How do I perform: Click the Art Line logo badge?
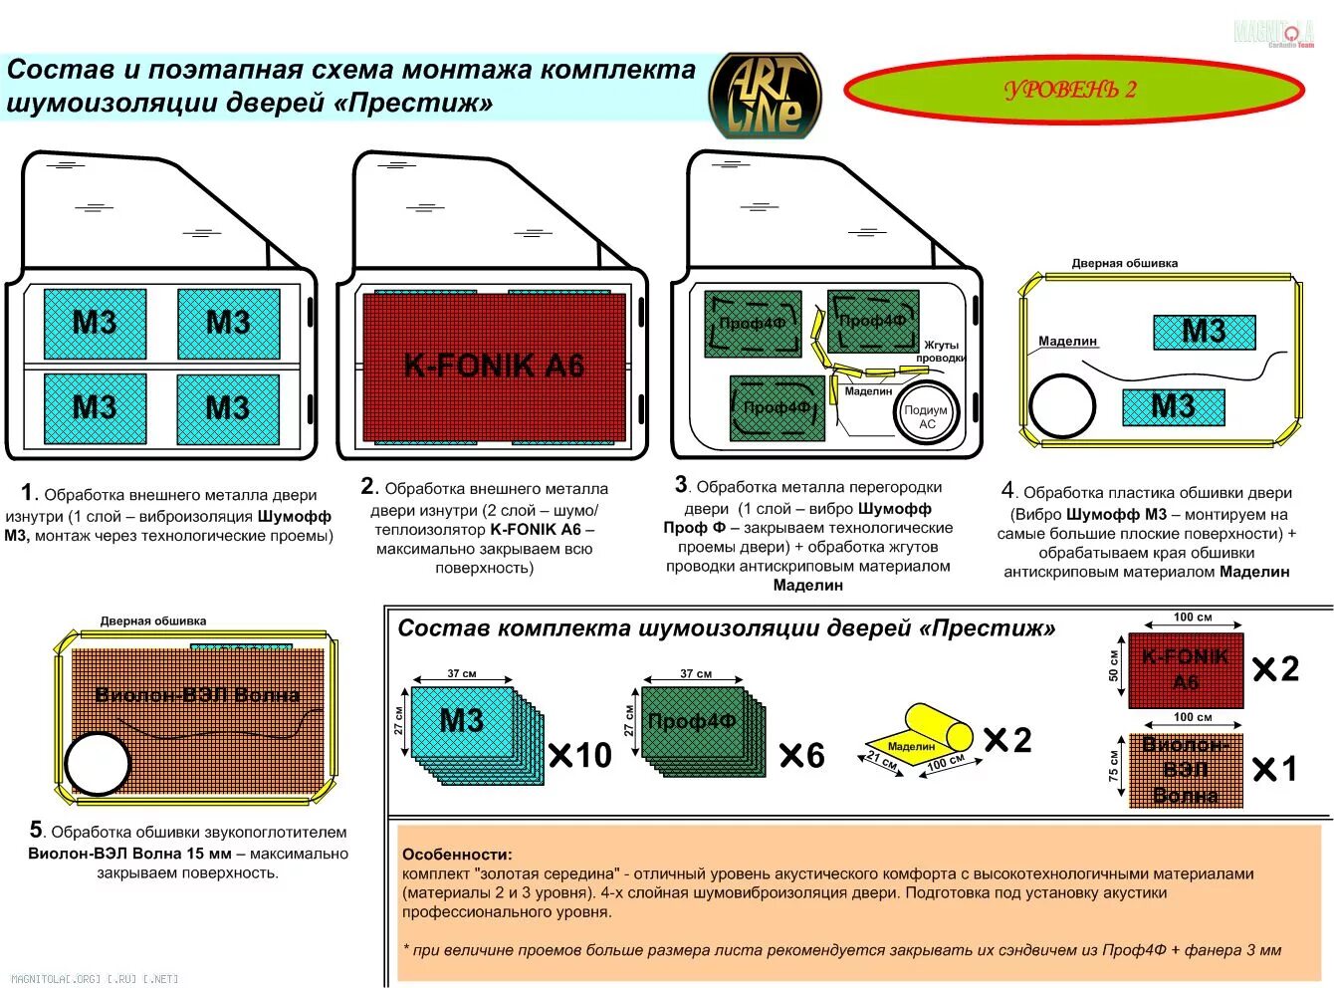765,97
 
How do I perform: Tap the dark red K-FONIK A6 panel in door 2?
494,367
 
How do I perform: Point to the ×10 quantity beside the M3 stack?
580,755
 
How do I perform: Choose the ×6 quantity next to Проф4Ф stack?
802,756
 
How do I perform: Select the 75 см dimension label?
1114,766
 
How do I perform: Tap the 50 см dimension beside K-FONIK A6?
1114,667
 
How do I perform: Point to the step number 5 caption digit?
36,830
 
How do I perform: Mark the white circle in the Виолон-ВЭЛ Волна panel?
98,764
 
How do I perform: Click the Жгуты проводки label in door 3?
940,352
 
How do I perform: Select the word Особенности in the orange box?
457,854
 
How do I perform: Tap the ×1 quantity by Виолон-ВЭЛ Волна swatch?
1275,769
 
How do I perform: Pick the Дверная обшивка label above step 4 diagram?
1124,264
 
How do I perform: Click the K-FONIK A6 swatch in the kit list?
1185,669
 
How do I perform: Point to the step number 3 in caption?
681,485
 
